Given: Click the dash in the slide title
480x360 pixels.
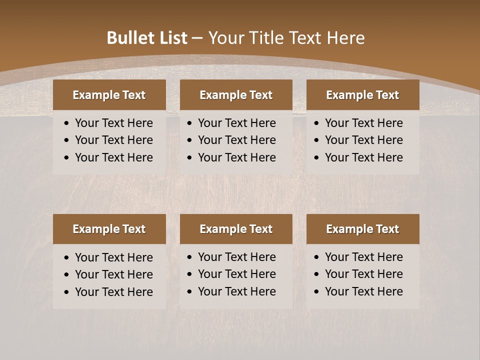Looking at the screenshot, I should pos(197,38).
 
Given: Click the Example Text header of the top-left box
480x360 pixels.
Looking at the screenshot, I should pos(109,95).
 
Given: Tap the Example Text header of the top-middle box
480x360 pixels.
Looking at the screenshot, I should pos(236,95).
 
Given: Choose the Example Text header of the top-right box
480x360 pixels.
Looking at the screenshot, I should pos(362,95).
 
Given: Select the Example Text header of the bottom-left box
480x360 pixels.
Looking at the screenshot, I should pos(109,229).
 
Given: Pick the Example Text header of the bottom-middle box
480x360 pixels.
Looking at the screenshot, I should pos(236,229).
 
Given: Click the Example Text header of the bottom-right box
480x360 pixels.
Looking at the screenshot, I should pos(362,229).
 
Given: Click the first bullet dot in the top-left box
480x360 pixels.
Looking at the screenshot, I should pos(67,123).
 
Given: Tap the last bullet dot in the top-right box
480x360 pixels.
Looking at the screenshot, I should pos(316,158).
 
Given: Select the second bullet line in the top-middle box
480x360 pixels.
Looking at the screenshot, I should pos(236,140).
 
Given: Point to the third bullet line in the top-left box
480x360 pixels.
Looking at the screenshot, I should pos(113,157).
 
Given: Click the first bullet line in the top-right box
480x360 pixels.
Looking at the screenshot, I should pos(363,123).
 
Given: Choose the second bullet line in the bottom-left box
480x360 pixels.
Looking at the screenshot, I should pos(113,274).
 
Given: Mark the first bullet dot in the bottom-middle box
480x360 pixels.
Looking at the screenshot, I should pos(189,257).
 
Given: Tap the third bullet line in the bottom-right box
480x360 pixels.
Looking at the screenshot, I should pos(363,291).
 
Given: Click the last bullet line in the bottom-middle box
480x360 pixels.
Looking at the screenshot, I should pos(236,291).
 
